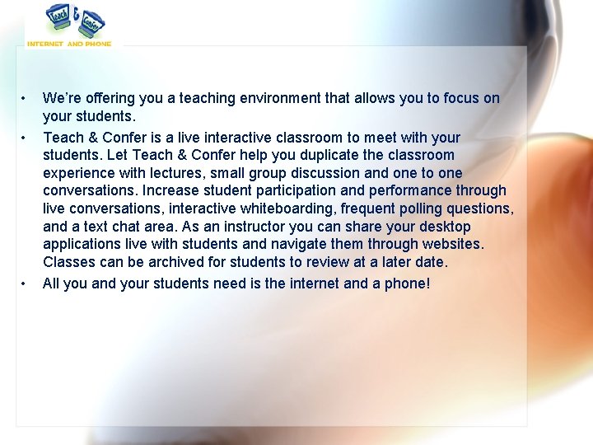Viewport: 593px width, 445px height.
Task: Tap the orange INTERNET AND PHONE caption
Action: [x=69, y=44]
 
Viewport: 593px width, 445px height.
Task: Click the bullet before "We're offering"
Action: [x=26, y=99]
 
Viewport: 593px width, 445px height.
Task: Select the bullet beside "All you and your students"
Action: [x=26, y=284]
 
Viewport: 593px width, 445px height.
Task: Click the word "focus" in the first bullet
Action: [x=462, y=99]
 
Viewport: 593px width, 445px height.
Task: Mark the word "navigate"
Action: [x=296, y=245]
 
